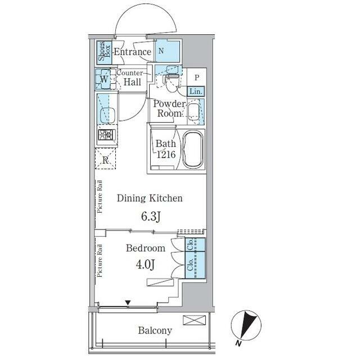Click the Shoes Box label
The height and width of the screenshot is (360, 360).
(105, 52)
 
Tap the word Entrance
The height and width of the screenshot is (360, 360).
(133, 52)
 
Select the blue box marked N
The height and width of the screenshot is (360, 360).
(167, 51)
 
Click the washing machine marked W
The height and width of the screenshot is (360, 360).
(103, 79)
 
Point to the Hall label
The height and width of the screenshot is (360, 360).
(132, 82)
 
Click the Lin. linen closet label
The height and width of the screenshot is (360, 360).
(196, 92)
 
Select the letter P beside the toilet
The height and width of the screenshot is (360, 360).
(197, 78)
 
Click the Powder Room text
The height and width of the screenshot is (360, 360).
(169, 109)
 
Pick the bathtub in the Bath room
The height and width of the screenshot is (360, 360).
(193, 149)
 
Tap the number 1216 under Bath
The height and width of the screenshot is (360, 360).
(166, 155)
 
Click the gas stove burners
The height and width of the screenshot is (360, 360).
(106, 135)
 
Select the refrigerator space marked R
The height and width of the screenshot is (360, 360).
(105, 159)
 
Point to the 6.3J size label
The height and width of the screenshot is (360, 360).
(151, 216)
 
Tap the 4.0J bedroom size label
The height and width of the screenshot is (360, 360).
(145, 264)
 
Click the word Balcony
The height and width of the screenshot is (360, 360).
(155, 331)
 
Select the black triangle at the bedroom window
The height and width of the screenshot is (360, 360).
(128, 303)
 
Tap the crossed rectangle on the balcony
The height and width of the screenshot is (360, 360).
(194, 320)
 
